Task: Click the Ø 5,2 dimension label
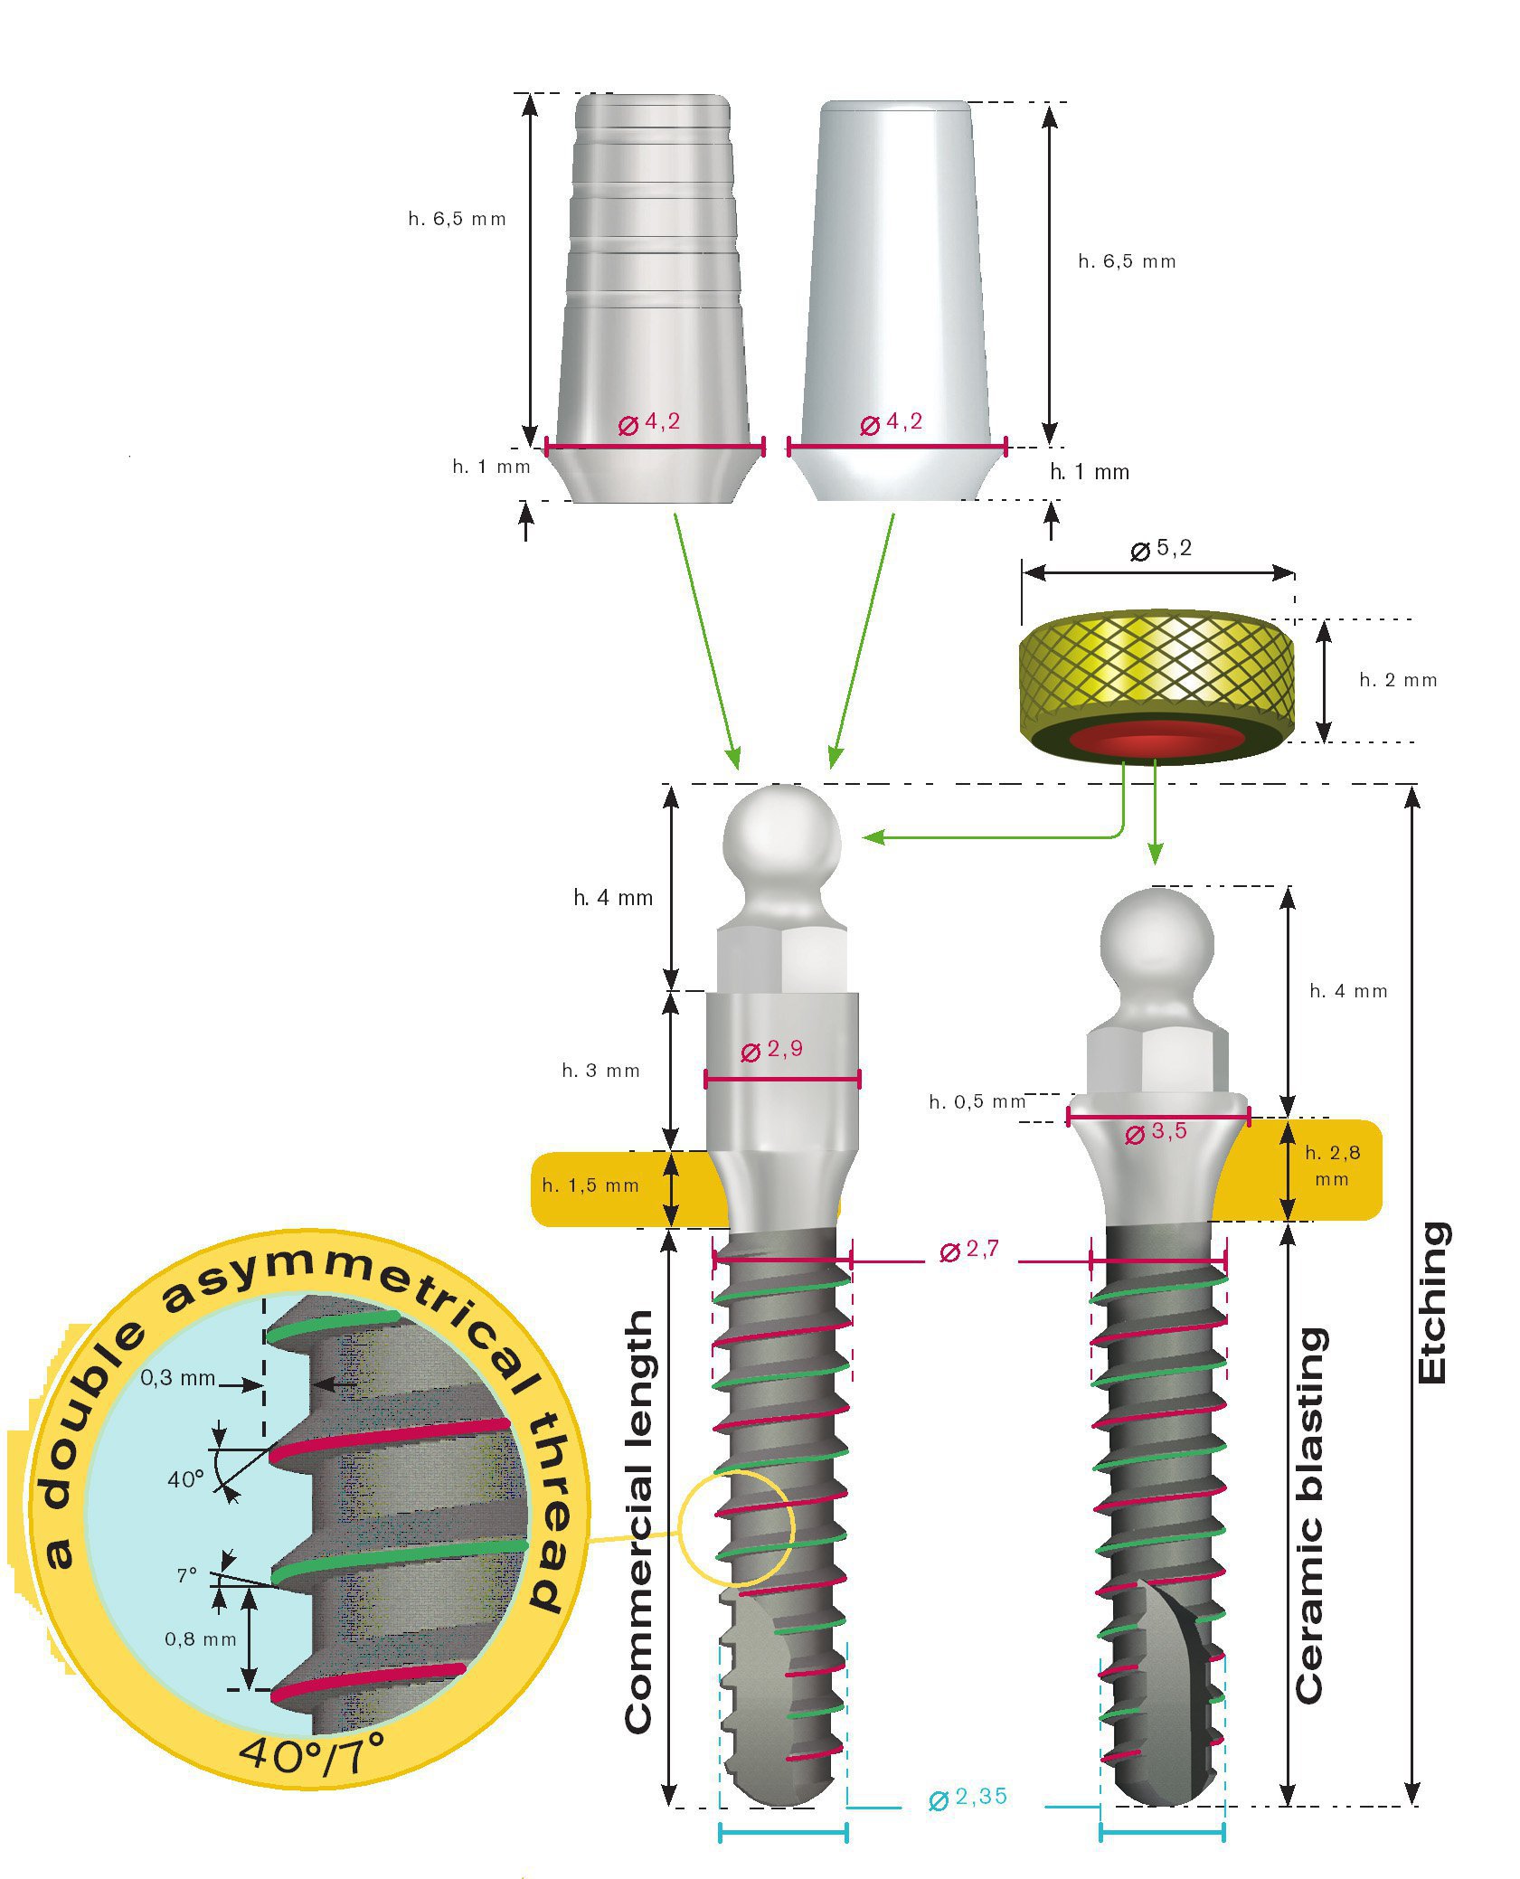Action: (1162, 549)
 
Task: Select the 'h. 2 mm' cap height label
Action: (1398, 680)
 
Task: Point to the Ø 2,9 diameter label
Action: (772, 1050)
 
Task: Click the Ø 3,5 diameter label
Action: (1156, 1133)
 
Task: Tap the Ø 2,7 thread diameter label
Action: (969, 1251)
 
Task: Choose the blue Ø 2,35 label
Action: (968, 1797)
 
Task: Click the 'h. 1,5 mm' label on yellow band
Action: (590, 1185)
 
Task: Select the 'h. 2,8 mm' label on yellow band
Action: (1332, 1166)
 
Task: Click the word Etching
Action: (1432, 1303)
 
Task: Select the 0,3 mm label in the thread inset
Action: (178, 1378)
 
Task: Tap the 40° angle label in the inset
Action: (185, 1479)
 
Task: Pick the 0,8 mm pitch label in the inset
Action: (200, 1639)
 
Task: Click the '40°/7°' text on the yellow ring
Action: (312, 1755)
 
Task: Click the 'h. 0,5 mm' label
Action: (977, 1101)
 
